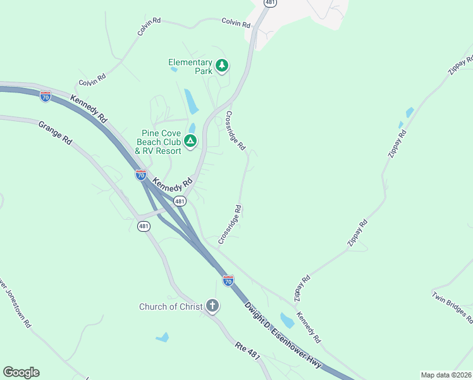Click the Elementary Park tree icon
[x=222, y=65]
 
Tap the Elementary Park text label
[x=190, y=66]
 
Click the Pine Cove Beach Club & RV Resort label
[x=159, y=142]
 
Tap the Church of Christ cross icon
[x=212, y=307]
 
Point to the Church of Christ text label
[x=171, y=307]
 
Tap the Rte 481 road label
[x=249, y=357]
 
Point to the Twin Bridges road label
[x=453, y=307]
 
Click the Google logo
[x=21, y=372]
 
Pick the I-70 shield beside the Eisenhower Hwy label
[x=228, y=280]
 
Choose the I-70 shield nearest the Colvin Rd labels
[x=45, y=96]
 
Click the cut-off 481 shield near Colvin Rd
[x=271, y=3]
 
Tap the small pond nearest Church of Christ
[x=163, y=338]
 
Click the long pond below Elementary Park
[x=191, y=101]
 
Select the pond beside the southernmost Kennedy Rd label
[x=287, y=320]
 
